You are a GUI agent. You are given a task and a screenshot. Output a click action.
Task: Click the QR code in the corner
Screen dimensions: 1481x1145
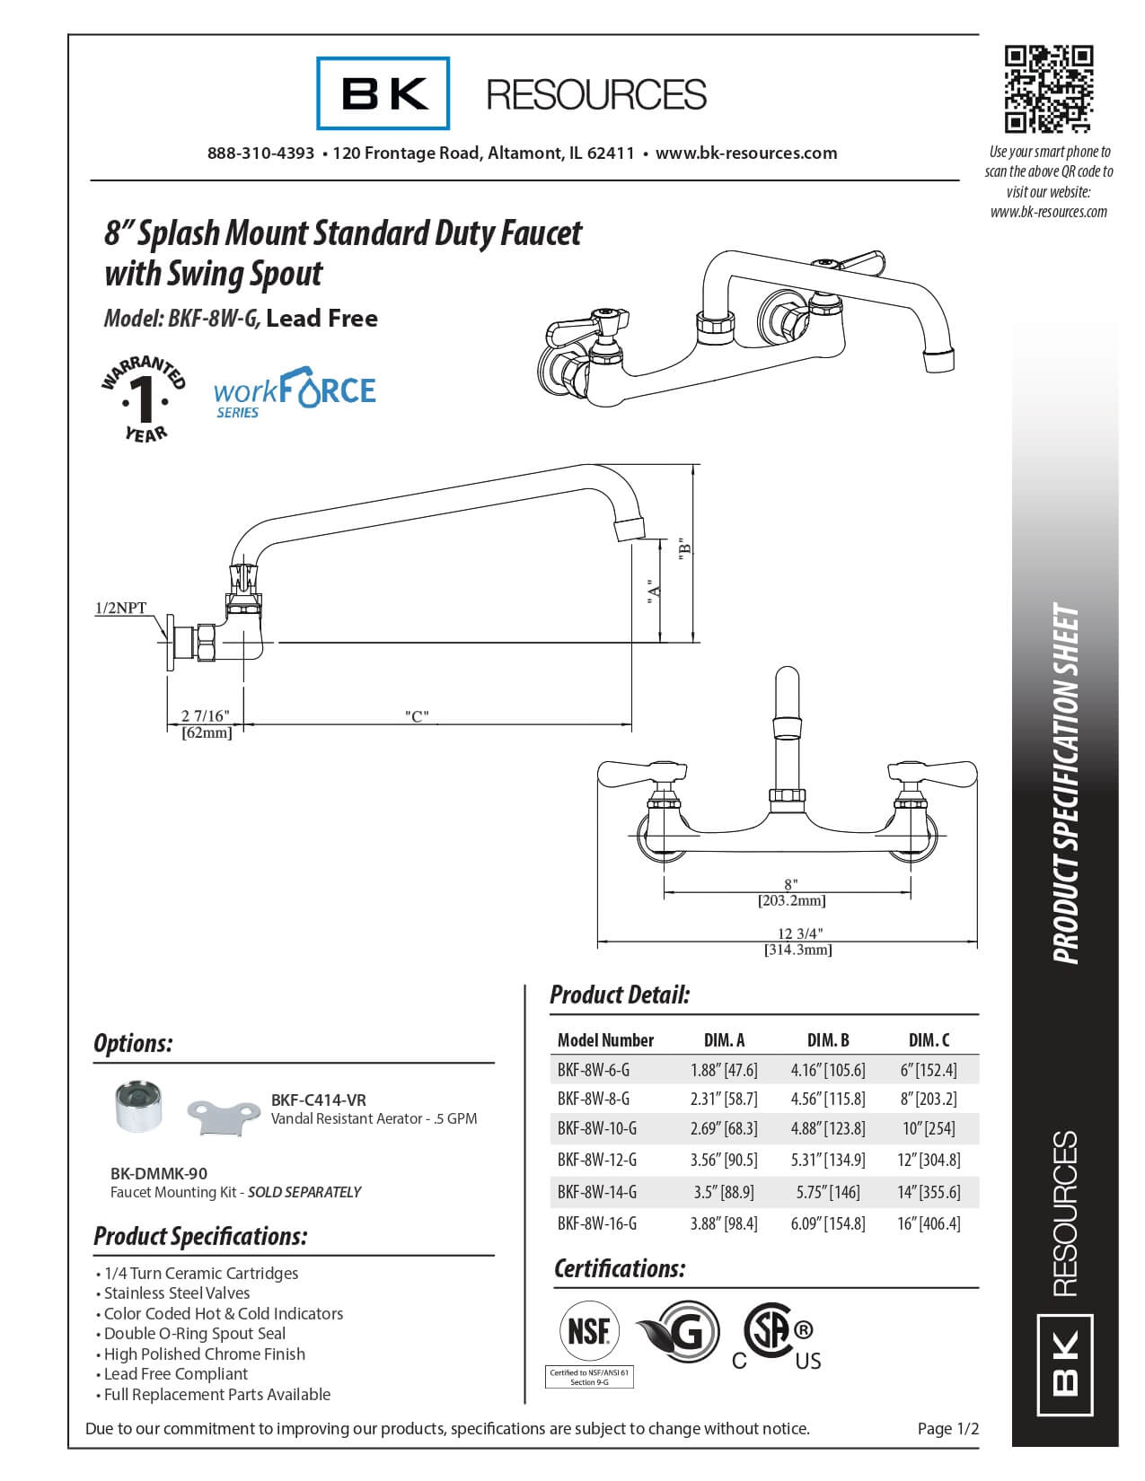[1048, 89]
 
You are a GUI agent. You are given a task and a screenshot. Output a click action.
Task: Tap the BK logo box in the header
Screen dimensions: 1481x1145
[383, 93]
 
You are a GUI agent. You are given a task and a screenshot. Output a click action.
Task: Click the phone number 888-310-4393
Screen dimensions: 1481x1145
[260, 153]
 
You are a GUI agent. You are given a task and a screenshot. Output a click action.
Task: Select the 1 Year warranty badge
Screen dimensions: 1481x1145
[144, 399]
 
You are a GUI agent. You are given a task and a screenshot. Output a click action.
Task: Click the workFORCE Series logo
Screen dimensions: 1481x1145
[295, 392]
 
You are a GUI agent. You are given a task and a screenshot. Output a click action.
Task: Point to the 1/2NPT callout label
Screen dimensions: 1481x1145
[120, 609]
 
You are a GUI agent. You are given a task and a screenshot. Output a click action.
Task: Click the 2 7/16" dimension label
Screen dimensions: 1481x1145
[206, 716]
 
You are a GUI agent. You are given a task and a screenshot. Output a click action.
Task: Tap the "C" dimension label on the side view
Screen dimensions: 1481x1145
[416, 716]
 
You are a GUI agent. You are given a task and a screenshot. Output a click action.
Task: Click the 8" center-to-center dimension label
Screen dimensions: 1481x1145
[790, 885]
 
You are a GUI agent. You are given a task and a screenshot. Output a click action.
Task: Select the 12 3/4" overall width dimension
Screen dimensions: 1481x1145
[798, 933]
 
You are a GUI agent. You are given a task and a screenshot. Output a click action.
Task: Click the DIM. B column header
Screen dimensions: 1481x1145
[828, 1040]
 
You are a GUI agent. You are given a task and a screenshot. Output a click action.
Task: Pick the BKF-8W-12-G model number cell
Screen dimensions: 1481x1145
[597, 1160]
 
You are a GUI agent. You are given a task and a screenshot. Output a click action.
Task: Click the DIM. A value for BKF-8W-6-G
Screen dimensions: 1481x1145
[724, 1070]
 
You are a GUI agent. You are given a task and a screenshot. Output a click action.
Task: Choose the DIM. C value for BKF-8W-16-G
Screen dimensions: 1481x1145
[929, 1223]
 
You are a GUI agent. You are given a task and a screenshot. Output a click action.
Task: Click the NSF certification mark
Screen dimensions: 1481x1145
[590, 1332]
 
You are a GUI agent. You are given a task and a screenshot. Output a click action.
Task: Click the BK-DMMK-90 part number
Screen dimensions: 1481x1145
[159, 1173]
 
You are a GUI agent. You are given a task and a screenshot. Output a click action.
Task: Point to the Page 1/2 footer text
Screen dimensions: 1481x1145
[948, 1429]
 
